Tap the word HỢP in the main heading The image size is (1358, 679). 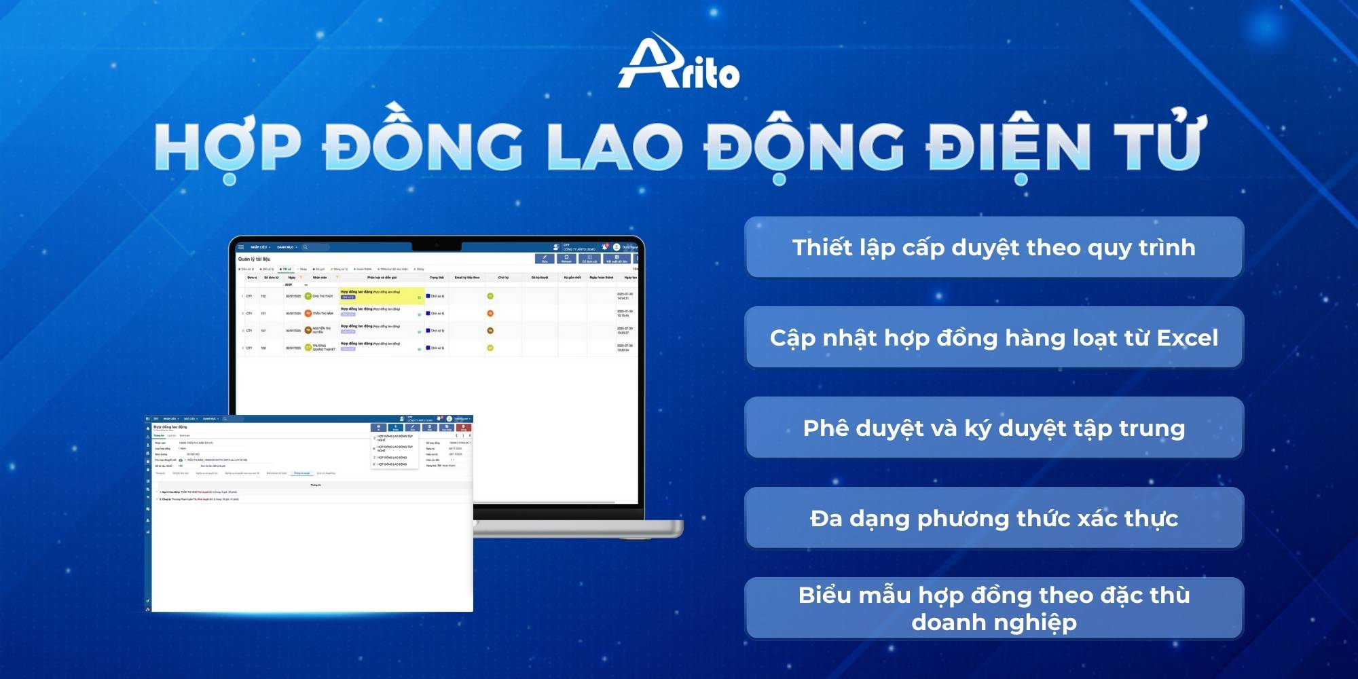coord(227,148)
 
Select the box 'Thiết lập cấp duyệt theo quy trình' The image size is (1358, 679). coord(993,247)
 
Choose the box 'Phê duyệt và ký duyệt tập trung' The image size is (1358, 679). coord(993,428)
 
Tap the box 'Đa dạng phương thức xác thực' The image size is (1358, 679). coord(993,518)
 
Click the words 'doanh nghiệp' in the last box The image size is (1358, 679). coord(993,622)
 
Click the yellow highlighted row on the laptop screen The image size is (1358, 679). coord(382,295)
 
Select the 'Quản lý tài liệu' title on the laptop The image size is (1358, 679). coord(254,259)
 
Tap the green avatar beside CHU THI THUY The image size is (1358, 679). coord(308,296)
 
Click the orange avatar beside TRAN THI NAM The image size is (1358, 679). coord(308,313)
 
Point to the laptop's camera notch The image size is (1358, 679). coord(436,244)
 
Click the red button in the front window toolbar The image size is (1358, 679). coord(464,428)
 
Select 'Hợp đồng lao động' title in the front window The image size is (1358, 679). coord(170,427)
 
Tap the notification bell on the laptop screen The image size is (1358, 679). coord(604,247)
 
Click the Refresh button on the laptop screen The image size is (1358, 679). coord(566,259)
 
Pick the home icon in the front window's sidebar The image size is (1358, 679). coord(148,428)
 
